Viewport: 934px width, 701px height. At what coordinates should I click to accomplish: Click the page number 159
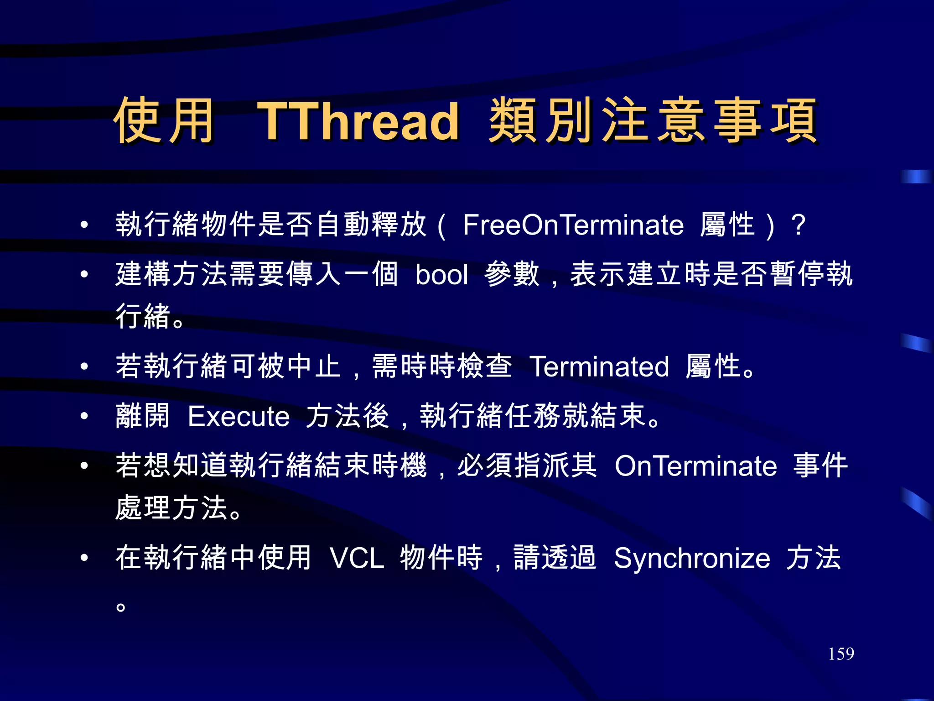pyautogui.click(x=841, y=654)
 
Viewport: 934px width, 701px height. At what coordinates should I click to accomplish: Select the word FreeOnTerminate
pyautogui.click(x=573, y=225)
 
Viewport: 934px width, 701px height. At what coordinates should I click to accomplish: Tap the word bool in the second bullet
pyautogui.click(x=441, y=275)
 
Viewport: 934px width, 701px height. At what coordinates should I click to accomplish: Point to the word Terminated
pyautogui.click(x=599, y=366)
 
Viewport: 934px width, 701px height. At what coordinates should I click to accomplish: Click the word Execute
pyautogui.click(x=239, y=416)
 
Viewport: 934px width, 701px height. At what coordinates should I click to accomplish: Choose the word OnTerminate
pyautogui.click(x=695, y=466)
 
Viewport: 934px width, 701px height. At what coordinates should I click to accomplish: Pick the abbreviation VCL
pyautogui.click(x=357, y=558)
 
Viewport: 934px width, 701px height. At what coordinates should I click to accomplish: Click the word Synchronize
pyautogui.click(x=692, y=558)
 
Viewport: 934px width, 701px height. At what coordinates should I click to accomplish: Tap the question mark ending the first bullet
pyautogui.click(x=798, y=225)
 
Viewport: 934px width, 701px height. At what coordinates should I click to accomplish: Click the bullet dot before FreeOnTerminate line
pyautogui.click(x=84, y=225)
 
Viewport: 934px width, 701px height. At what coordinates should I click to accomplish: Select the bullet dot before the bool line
pyautogui.click(x=84, y=274)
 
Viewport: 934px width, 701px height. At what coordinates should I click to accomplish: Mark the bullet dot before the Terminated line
pyautogui.click(x=84, y=366)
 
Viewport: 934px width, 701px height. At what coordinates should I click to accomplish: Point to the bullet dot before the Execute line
pyautogui.click(x=84, y=416)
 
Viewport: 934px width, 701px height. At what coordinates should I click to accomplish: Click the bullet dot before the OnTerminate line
pyautogui.click(x=84, y=466)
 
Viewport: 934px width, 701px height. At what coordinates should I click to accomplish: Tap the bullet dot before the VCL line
pyautogui.click(x=84, y=557)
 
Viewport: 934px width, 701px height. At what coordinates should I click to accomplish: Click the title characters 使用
pyautogui.click(x=164, y=120)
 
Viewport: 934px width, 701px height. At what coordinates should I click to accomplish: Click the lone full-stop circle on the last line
pyautogui.click(x=120, y=607)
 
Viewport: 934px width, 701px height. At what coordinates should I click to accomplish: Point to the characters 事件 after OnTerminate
pyautogui.click(x=820, y=466)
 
